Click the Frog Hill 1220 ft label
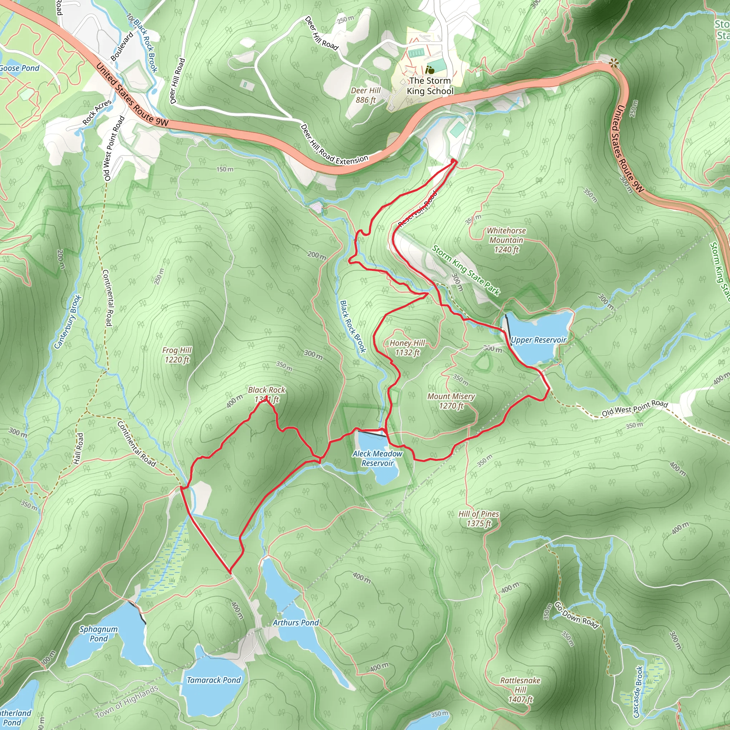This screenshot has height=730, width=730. [x=177, y=355]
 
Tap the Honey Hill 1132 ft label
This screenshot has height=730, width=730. [x=407, y=348]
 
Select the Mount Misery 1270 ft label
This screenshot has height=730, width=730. [x=451, y=401]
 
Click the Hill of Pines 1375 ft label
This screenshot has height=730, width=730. [x=478, y=518]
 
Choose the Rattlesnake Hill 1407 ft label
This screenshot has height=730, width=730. [x=520, y=690]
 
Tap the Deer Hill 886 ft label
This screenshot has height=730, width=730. [x=365, y=95]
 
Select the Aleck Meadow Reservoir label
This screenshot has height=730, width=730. [x=377, y=458]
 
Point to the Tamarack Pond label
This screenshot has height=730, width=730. [x=214, y=680]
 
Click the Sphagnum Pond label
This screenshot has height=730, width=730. [x=98, y=634]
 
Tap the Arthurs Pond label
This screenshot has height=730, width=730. [x=296, y=622]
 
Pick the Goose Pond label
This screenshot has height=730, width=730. [x=20, y=68]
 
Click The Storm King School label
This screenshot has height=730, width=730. [x=430, y=86]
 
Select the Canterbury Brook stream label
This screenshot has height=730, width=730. [x=68, y=322]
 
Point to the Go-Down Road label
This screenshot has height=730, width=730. [x=576, y=616]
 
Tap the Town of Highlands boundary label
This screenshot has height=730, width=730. [x=127, y=701]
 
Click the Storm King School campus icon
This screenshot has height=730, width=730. [x=429, y=70]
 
